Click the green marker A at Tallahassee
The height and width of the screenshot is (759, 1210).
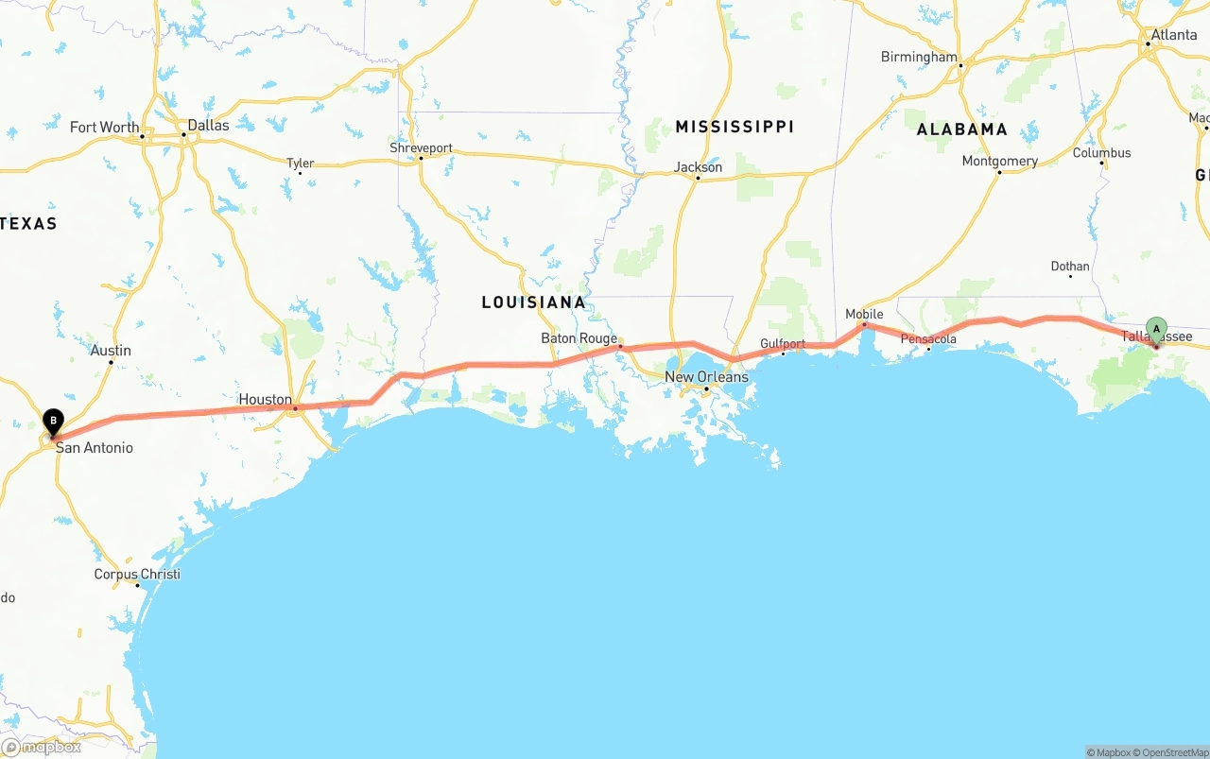click(1155, 329)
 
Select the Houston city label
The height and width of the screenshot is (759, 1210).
click(266, 400)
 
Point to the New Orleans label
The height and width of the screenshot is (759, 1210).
click(706, 377)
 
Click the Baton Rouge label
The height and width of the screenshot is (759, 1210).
click(579, 338)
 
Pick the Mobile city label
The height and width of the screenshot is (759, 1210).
click(864, 314)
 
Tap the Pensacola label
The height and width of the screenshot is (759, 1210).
click(928, 339)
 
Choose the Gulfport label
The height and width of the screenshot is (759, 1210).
click(783, 344)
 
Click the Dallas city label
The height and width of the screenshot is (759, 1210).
click(208, 125)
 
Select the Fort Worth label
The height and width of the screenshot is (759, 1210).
click(104, 128)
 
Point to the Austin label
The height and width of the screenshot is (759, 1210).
click(111, 351)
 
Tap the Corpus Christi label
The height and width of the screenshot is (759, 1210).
click(137, 575)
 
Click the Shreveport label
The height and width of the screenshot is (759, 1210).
click(421, 148)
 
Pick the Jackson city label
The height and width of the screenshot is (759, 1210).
click(698, 167)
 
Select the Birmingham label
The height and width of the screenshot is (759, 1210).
click(919, 57)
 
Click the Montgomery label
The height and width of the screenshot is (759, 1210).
click(999, 162)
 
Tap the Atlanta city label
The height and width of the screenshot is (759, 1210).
click(1173, 35)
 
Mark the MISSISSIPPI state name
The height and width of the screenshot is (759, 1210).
click(735, 127)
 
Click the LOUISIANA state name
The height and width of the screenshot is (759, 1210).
click(533, 302)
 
